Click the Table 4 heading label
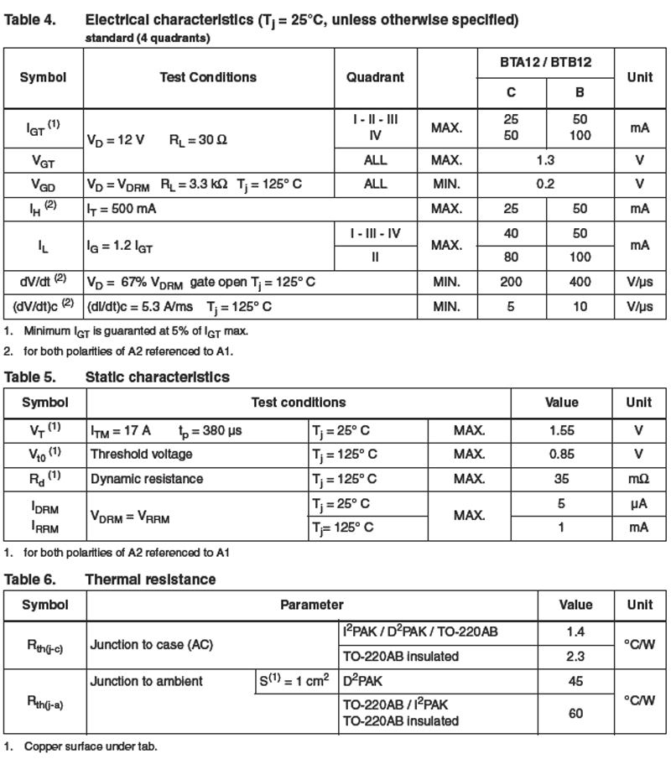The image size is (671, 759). [31, 19]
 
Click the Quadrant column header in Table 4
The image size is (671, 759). [375, 77]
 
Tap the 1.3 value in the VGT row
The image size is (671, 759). [545, 160]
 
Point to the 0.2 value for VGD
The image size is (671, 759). [545, 184]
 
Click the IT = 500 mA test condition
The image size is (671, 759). [123, 207]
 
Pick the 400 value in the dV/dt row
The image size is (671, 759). [580, 283]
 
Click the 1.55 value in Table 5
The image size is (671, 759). [562, 430]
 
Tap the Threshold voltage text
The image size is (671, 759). [141, 454]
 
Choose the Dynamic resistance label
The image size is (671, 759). [146, 479]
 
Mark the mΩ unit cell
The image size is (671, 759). [638, 479]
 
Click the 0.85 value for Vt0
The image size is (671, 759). [562, 454]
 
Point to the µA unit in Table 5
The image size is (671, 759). [638, 504]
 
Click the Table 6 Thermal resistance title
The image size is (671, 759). [150, 580]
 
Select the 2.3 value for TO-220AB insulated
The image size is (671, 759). [575, 656]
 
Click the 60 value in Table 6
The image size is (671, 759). [575, 713]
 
